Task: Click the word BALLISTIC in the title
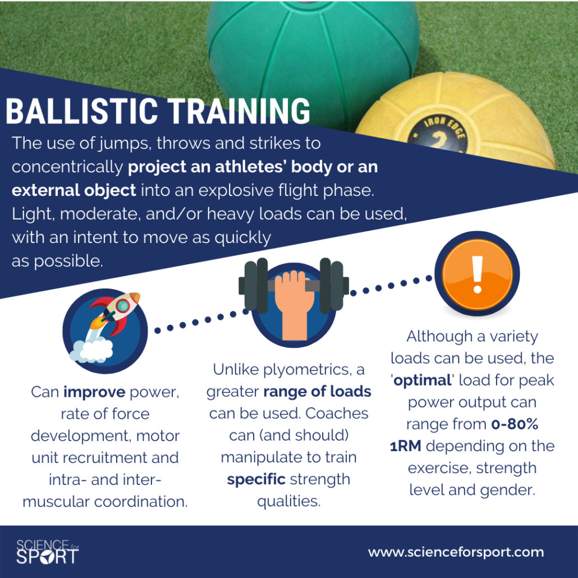(82, 111)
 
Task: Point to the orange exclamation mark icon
(477, 273)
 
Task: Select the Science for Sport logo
(47, 552)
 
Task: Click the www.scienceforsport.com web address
(456, 552)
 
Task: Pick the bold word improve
(94, 392)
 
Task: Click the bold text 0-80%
(515, 424)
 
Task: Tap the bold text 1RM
(406, 446)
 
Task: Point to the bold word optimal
(423, 380)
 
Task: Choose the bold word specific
(256, 480)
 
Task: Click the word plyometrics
(306, 370)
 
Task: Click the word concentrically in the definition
(67, 167)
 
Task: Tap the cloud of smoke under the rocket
(91, 350)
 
